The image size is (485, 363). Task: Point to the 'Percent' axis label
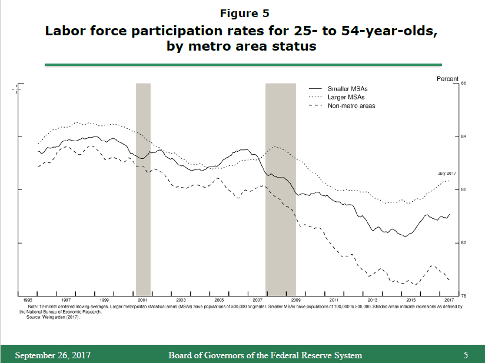[447, 79]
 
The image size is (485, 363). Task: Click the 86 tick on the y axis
[463, 84]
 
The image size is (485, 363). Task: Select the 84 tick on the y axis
[463, 137]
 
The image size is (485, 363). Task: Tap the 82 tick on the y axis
[463, 190]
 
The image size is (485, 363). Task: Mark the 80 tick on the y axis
[463, 243]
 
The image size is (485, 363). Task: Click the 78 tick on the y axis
[463, 295]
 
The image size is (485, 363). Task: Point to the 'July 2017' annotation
[447, 174]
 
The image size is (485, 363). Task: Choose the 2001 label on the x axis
[142, 300]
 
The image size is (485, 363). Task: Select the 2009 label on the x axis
[295, 300]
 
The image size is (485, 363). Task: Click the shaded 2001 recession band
[143, 188]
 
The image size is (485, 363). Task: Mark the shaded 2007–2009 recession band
[280, 188]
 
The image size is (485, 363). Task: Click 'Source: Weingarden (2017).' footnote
[54, 318]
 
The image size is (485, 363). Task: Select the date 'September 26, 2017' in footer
[52, 355]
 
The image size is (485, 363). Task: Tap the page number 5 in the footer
[466, 355]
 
